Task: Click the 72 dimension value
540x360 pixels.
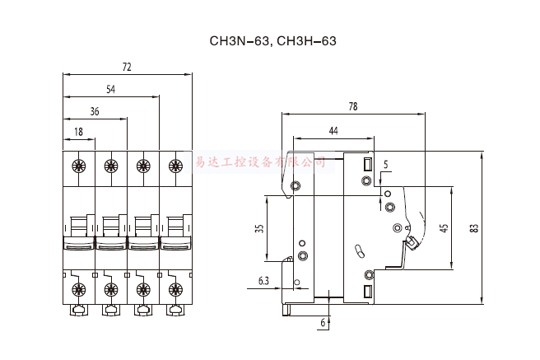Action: click(127, 67)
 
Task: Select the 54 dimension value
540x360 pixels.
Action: click(110, 88)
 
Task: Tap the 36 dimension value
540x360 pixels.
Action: click(95, 110)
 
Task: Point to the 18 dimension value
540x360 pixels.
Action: click(78, 132)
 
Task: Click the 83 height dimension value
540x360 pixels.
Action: click(475, 229)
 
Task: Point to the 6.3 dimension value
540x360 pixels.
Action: click(263, 282)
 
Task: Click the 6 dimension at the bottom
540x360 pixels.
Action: click(322, 324)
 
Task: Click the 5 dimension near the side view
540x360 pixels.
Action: click(385, 165)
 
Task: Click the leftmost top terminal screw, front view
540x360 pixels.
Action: click(79, 166)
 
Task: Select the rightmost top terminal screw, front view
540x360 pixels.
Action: click(175, 166)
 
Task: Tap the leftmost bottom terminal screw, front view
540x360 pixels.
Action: click(79, 288)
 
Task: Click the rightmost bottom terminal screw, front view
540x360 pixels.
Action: click(175, 288)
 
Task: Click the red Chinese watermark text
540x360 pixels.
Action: click(258, 162)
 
